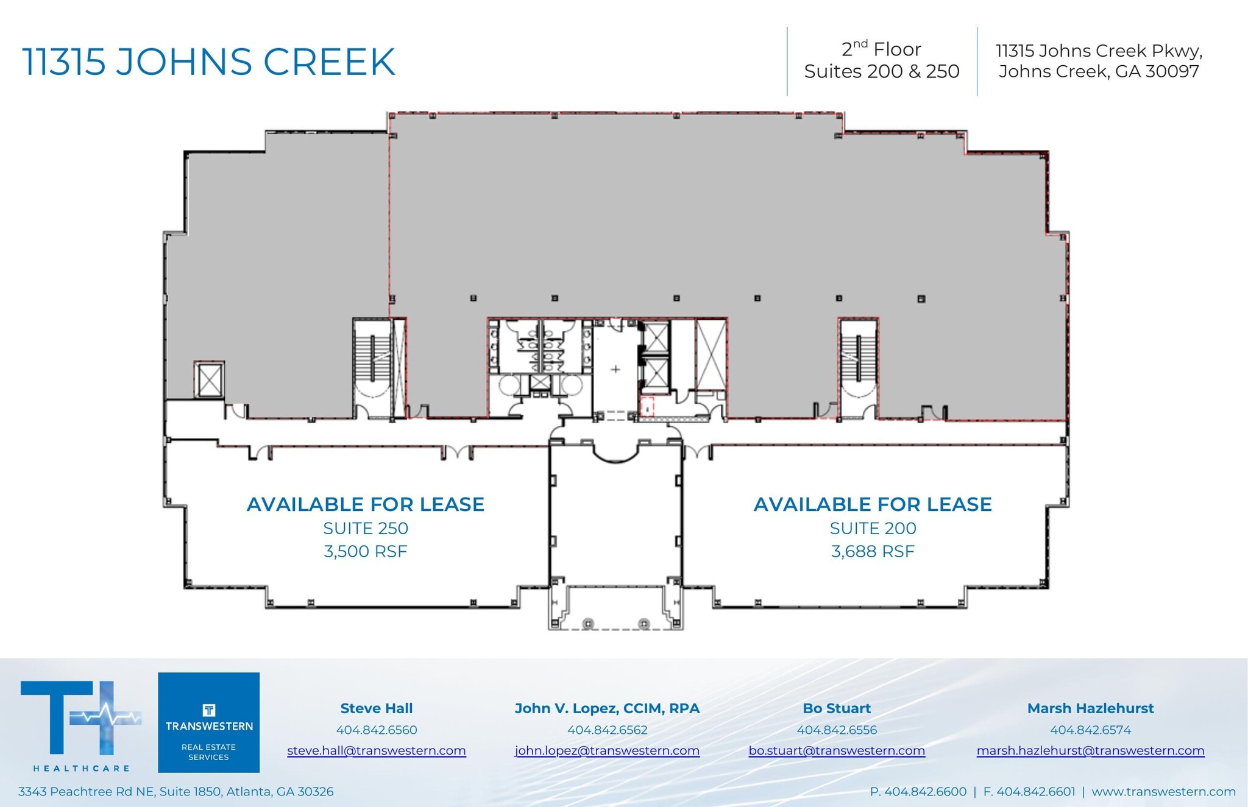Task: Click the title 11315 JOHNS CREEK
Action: pyautogui.click(x=209, y=62)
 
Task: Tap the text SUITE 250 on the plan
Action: pyautogui.click(x=366, y=528)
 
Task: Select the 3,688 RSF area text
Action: pyautogui.click(x=873, y=551)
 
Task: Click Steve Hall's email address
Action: pyautogui.click(x=376, y=750)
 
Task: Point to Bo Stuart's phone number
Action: pyautogui.click(x=837, y=730)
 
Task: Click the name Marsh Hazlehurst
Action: pyautogui.click(x=1090, y=708)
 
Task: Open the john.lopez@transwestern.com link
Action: pyautogui.click(x=607, y=750)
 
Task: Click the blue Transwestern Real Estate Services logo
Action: pyautogui.click(x=208, y=722)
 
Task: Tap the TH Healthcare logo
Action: pyautogui.click(x=81, y=725)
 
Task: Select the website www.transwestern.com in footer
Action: pyautogui.click(x=1163, y=791)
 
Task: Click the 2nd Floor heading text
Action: pyautogui.click(x=881, y=49)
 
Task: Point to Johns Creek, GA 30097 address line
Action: pyautogui.click(x=1099, y=71)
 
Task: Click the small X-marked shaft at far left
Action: pyautogui.click(x=209, y=380)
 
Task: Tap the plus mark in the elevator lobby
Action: pyautogui.click(x=615, y=369)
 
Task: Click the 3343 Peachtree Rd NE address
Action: pyautogui.click(x=175, y=791)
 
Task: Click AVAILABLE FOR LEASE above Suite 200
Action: pyautogui.click(x=873, y=504)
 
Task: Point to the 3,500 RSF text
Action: pyautogui.click(x=366, y=551)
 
